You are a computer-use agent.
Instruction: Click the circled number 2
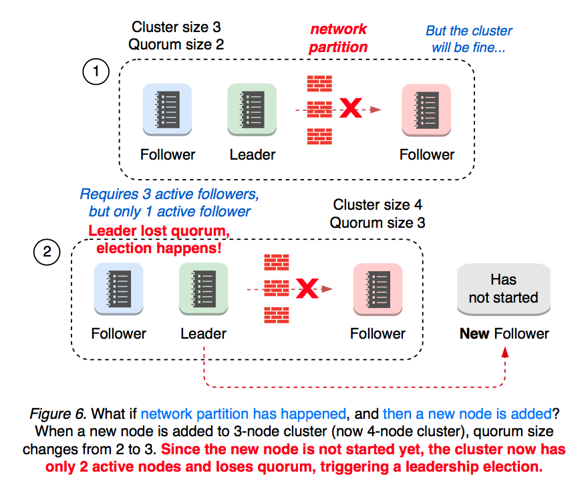46,253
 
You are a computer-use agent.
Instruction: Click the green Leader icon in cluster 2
203,288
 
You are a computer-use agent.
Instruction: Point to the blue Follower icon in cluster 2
118,288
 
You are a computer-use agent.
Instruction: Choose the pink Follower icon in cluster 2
378,288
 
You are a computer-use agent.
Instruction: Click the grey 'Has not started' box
503,289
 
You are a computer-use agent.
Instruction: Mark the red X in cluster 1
351,108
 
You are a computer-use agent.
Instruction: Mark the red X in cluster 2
307,289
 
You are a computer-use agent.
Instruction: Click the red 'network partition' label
337,38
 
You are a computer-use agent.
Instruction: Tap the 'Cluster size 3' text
176,27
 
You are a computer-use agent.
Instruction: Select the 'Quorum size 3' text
378,222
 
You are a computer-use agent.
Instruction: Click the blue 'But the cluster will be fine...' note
468,39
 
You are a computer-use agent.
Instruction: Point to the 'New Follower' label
504,333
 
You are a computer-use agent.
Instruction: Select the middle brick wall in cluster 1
319,109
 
